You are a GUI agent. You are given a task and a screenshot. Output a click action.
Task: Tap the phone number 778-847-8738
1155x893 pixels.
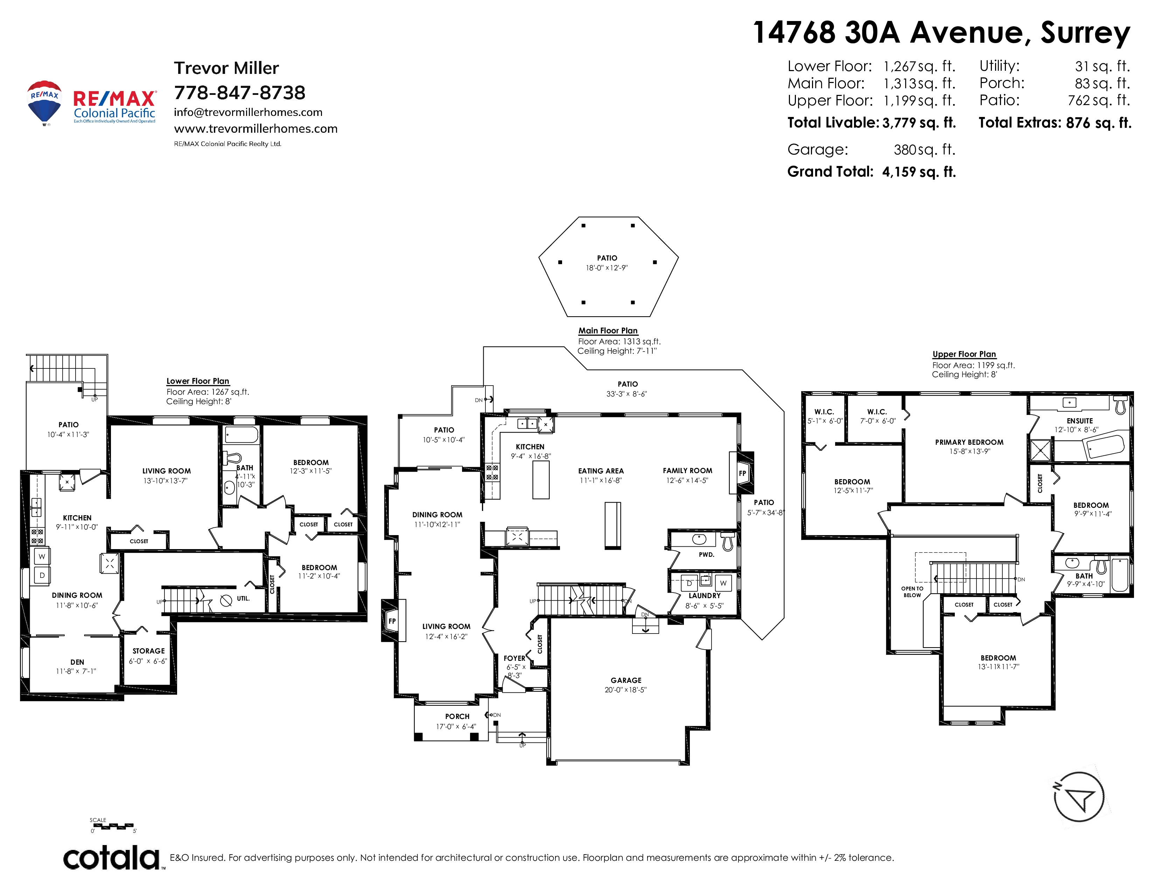pyautogui.click(x=239, y=92)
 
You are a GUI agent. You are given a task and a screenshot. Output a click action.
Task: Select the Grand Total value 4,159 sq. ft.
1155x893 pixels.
pyautogui.click(x=919, y=172)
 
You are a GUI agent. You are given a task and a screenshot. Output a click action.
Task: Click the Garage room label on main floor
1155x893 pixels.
pyautogui.click(x=626, y=680)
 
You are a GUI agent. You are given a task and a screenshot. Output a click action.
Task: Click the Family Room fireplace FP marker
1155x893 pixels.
pyautogui.click(x=742, y=473)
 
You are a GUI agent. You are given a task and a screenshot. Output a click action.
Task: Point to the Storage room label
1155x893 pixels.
pyautogui.click(x=149, y=651)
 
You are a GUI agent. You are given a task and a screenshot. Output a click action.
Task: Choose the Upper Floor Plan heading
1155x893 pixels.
pyautogui.click(x=964, y=354)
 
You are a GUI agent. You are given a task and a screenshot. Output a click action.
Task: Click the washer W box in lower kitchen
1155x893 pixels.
pyautogui.click(x=42, y=556)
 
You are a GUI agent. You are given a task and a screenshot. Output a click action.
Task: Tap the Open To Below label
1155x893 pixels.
pyautogui.click(x=912, y=591)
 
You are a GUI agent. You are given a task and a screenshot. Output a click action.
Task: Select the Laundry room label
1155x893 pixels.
pyautogui.click(x=705, y=596)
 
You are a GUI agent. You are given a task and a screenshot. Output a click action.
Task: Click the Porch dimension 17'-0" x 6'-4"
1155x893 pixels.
pyautogui.click(x=456, y=726)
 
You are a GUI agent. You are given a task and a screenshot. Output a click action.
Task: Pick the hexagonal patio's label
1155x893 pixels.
pyautogui.click(x=607, y=258)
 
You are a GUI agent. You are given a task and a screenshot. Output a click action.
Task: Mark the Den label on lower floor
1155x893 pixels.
pyautogui.click(x=77, y=662)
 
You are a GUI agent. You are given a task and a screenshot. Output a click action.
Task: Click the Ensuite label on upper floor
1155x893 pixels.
pyautogui.click(x=1080, y=421)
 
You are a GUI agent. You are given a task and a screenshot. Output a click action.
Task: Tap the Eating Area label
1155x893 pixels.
pyautogui.click(x=601, y=471)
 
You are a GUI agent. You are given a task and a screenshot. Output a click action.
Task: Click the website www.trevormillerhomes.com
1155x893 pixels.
pyautogui.click(x=255, y=129)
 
